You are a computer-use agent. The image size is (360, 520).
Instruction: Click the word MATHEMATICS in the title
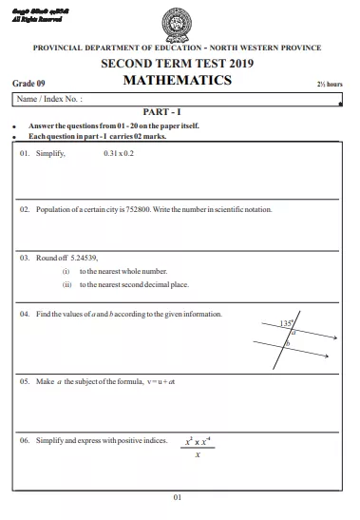[178, 81]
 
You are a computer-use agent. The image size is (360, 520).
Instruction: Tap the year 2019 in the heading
[239, 63]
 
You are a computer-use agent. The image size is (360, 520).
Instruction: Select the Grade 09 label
[29, 84]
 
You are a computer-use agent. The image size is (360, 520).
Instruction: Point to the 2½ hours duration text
[330, 85]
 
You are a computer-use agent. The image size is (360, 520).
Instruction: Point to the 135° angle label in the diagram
[287, 324]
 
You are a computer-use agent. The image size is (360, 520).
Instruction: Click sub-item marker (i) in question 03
[67, 271]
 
